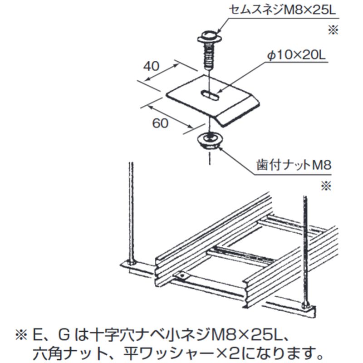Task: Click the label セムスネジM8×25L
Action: click(x=282, y=10)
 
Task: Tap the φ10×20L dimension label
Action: click(x=296, y=55)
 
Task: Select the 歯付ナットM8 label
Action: click(x=294, y=165)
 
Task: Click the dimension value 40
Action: click(x=151, y=66)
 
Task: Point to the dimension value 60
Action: click(x=160, y=123)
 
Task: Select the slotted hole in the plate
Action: click(x=210, y=95)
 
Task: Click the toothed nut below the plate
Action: click(x=210, y=140)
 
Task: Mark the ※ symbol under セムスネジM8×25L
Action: click(x=333, y=30)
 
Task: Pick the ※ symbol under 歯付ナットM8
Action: click(x=326, y=186)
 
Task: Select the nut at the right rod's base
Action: click(x=306, y=305)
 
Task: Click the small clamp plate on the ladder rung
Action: click(x=182, y=276)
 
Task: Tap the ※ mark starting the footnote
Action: click(x=22, y=336)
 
